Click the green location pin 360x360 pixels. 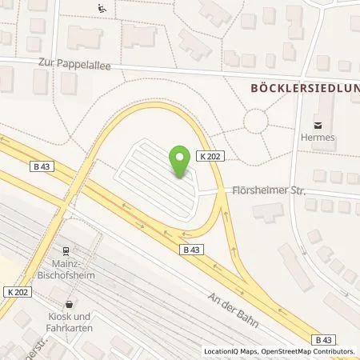181,162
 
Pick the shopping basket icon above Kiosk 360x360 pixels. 70,305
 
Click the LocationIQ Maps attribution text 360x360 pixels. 232,351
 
